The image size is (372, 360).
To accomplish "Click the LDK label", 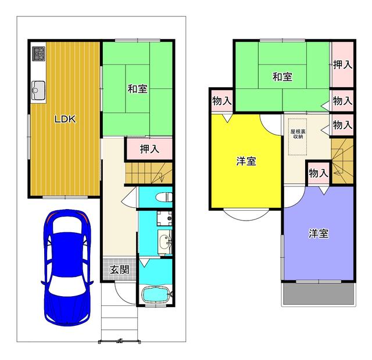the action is (65, 119).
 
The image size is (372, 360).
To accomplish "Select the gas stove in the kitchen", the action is (38, 54).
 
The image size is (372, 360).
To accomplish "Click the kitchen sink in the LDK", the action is (38, 91).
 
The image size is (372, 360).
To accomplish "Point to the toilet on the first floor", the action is (164, 197).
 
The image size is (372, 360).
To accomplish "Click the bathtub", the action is (155, 294).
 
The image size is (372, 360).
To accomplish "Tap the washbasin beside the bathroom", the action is (164, 242).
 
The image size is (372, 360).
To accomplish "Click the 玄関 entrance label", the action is (120, 269).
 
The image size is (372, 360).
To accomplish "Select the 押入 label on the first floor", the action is (149, 149).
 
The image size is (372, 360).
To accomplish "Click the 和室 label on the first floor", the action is (137, 89).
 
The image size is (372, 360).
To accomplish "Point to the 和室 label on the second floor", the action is (282, 77).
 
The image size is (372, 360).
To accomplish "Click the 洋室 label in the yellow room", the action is (246, 161).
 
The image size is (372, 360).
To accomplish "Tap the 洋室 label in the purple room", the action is (319, 233).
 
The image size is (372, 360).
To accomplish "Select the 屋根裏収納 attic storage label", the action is (298, 134).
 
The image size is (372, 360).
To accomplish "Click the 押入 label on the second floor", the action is (342, 64).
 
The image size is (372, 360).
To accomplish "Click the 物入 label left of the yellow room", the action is (222, 100).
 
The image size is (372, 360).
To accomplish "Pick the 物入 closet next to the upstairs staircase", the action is (319, 173).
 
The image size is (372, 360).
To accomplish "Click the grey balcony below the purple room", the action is (319, 294).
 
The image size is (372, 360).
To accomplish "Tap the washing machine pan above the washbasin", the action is (164, 218).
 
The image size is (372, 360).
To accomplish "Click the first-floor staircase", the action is (149, 173).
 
